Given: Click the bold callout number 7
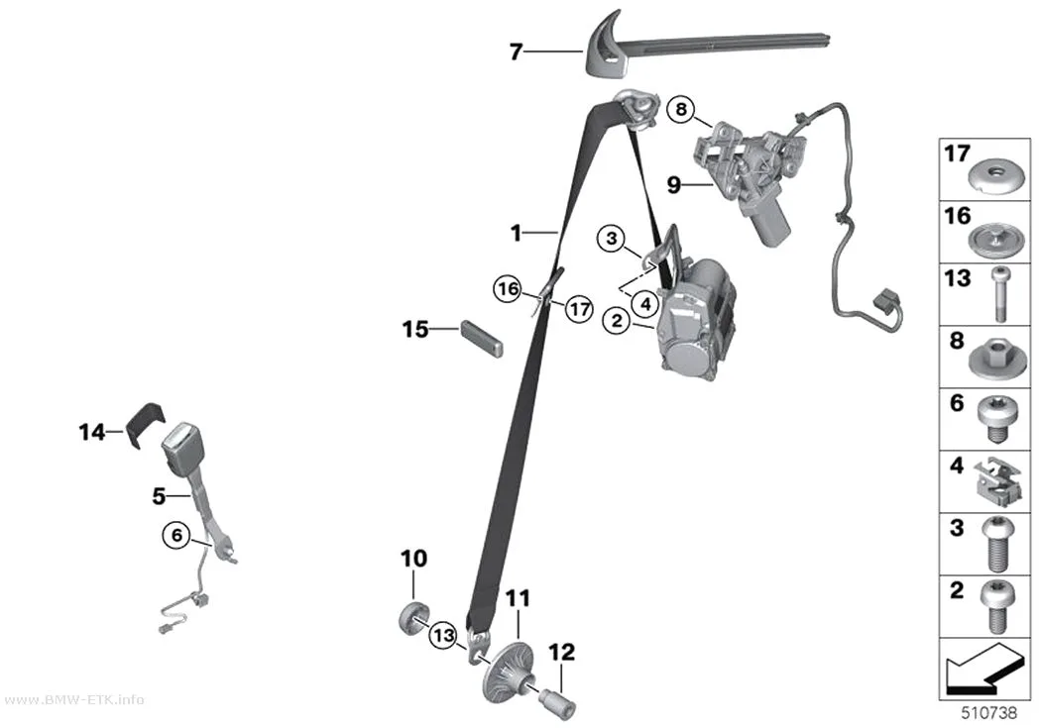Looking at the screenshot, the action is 517,52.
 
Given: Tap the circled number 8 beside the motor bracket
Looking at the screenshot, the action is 681,109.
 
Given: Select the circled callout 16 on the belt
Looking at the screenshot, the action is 508,289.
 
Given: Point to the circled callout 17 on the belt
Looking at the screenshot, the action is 580,309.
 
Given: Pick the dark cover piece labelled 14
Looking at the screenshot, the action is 144,426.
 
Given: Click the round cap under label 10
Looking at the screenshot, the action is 413,619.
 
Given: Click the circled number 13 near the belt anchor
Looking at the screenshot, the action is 443,637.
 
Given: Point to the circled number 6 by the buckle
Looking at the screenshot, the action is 176,535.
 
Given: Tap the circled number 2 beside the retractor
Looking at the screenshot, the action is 617,321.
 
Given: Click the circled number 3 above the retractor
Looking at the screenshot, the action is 612,238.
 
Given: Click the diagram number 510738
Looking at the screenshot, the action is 989,713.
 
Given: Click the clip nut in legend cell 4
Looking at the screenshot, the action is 996,479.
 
